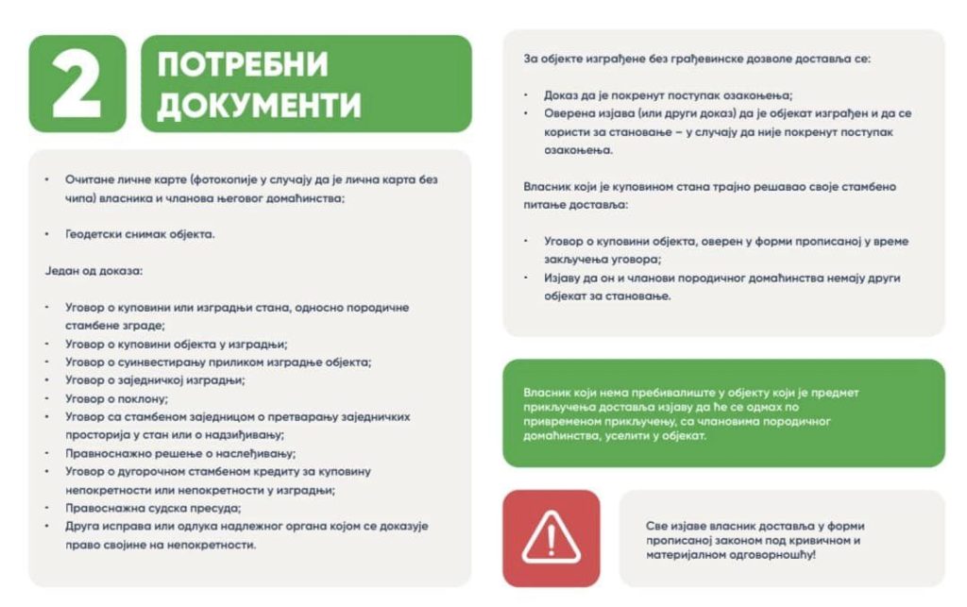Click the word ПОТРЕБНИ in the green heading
tap(243, 65)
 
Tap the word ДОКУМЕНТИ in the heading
tap(258, 104)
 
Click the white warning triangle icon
tap(551, 539)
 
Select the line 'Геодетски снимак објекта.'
tap(140, 233)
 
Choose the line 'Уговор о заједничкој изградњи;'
tap(155, 379)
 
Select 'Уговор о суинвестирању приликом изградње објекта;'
tap(218, 362)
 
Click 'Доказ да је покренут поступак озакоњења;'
tap(668, 95)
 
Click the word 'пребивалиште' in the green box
tap(641, 393)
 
